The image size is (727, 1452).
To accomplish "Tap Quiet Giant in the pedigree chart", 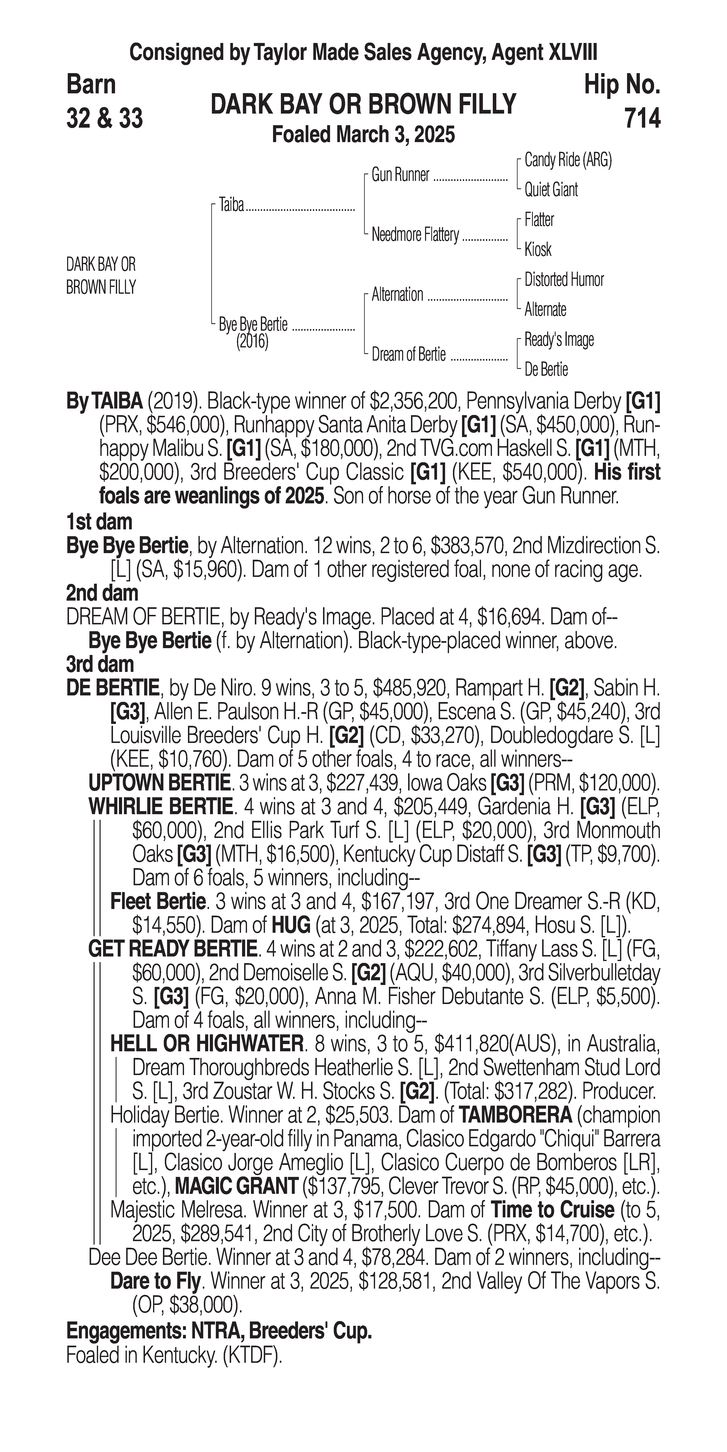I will pyautogui.click(x=551, y=190).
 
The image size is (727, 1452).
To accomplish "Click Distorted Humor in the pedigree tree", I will pyautogui.click(x=564, y=280).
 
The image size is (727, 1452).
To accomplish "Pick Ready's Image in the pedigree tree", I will pyautogui.click(x=558, y=340).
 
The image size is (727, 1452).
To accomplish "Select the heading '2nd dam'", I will pyautogui.click(x=102, y=593).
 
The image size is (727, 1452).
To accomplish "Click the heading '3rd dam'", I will pyautogui.click(x=100, y=664).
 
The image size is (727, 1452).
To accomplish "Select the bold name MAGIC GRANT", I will pyautogui.click(x=236, y=1186).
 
